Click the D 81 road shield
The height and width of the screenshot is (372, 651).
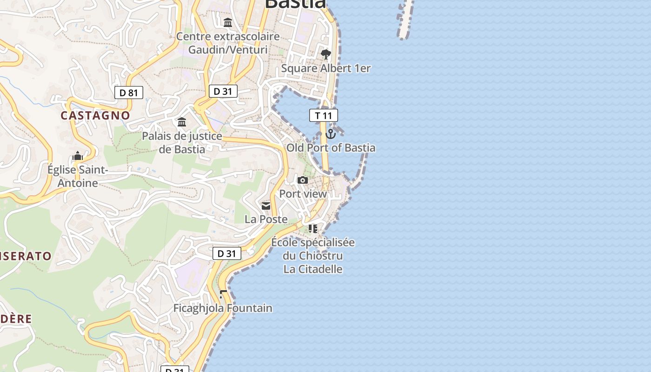(x=129, y=93)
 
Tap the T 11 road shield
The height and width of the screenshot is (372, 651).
(x=324, y=115)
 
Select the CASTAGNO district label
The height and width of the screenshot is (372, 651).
(x=95, y=115)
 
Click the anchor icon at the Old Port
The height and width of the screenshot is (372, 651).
(x=331, y=134)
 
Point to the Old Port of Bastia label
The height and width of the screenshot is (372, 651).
(x=331, y=148)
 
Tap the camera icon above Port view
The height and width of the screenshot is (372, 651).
(x=303, y=180)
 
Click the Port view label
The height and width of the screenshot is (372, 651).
(x=303, y=194)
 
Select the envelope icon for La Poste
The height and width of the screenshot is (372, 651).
(x=266, y=206)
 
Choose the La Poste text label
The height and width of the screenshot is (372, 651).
(x=266, y=219)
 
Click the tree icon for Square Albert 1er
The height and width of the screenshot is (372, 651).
(x=326, y=54)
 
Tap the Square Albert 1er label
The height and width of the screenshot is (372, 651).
(x=326, y=68)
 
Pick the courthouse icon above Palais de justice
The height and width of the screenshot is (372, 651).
(x=182, y=122)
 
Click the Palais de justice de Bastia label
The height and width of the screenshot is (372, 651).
(x=182, y=143)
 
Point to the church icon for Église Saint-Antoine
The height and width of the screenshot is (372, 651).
(x=78, y=156)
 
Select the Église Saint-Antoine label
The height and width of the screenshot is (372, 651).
(x=78, y=176)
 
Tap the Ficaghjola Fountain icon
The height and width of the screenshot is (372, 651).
(x=223, y=294)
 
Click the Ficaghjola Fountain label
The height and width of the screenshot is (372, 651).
(x=223, y=308)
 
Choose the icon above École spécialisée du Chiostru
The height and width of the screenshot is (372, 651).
(x=313, y=229)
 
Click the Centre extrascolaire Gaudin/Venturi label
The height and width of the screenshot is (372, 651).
(x=228, y=43)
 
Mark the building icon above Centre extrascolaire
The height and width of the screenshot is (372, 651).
(x=228, y=22)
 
